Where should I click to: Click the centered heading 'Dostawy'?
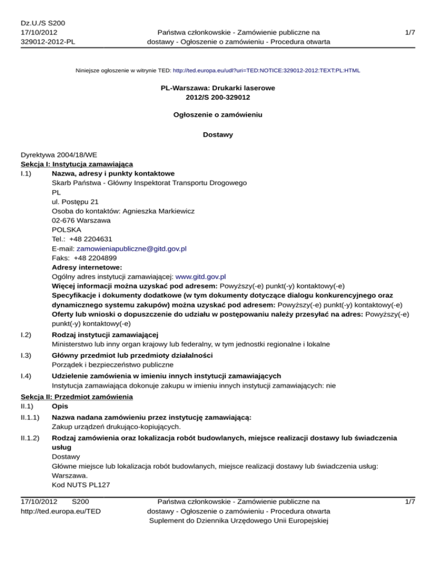(x=218, y=135)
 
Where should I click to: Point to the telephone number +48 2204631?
(x=91, y=239)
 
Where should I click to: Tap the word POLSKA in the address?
(x=66, y=230)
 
